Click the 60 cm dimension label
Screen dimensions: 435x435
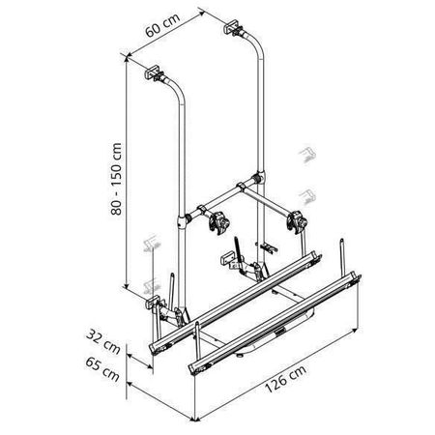click(x=162, y=25)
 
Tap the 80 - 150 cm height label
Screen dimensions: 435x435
click(x=116, y=179)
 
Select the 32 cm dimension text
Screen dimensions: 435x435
click(x=103, y=341)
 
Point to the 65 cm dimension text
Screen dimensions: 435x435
click(x=102, y=369)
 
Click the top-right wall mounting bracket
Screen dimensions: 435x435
click(x=233, y=27)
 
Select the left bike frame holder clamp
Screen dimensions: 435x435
click(x=219, y=222)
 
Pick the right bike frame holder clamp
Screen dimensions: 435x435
click(x=297, y=221)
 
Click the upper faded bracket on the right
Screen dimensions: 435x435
click(x=307, y=155)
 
